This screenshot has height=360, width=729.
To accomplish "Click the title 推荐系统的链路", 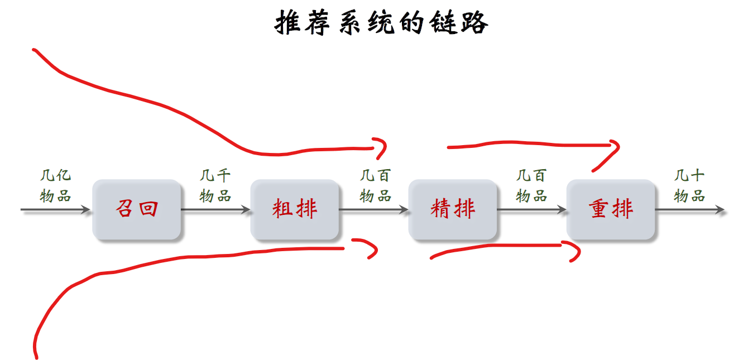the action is point(382,23).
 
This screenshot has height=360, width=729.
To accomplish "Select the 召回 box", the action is point(137,209).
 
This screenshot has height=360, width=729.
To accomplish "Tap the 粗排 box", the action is point(295,209).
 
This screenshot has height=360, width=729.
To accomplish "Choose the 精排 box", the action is point(453,209).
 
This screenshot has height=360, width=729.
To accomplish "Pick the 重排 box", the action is point(611,209).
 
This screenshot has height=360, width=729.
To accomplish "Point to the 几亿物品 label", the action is point(56,186).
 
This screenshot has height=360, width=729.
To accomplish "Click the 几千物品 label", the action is point(215,186).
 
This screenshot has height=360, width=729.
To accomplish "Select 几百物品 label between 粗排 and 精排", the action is point(375,186).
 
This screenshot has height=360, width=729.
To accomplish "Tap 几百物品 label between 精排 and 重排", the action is point(531,186).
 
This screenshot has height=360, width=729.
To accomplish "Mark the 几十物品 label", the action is point(689,186).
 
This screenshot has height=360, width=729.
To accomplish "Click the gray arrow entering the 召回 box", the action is point(56,210).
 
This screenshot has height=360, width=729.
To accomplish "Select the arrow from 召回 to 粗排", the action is point(216,210).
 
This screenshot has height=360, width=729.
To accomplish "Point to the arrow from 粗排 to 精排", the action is point(374,210).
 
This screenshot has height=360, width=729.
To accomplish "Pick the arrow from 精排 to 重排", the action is point(531,210).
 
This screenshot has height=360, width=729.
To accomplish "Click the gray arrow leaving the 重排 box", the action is point(690,210).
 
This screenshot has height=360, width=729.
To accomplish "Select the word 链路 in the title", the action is point(459,23).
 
